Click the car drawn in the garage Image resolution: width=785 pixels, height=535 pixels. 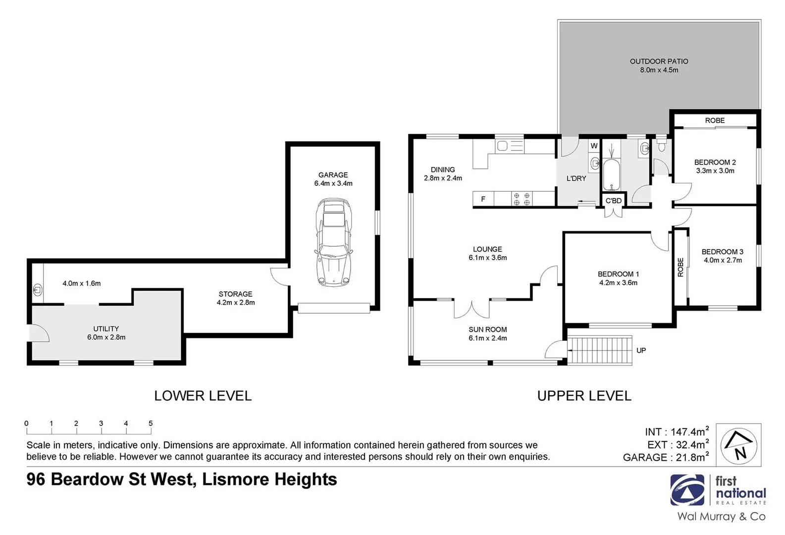[333, 243]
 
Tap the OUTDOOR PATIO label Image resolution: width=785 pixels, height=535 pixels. [659, 61]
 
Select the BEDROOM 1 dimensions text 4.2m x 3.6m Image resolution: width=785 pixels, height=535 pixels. [618, 283]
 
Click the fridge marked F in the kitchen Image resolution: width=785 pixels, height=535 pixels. [483, 199]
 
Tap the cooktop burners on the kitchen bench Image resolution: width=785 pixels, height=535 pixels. [522, 199]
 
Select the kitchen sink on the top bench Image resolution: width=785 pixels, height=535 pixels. [503, 146]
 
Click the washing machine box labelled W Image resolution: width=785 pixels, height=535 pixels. [594, 146]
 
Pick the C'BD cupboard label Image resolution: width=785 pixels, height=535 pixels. [614, 201]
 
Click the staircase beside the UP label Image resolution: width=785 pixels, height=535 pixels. [599, 350]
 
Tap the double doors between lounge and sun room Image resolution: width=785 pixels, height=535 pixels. [472, 309]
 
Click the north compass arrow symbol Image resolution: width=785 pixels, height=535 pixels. [738, 445]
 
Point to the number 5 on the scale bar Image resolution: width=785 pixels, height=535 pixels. [151, 424]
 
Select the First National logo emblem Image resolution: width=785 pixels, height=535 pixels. [687, 490]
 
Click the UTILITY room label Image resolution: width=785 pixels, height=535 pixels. [106, 328]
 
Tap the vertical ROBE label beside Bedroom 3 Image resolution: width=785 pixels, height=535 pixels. [680, 267]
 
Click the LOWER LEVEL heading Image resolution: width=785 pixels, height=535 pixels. [203, 396]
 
